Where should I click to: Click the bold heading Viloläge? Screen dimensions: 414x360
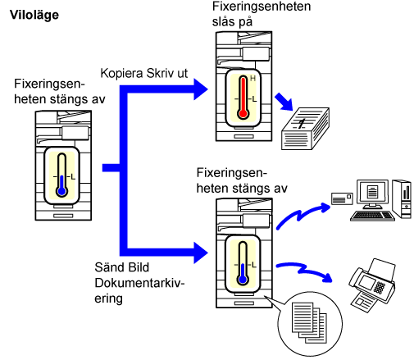pos(34,15)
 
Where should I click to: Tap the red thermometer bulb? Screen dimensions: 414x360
pos(243,113)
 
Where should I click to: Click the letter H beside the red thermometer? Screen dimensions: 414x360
pos(252,79)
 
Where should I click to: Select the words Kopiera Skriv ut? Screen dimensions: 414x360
pos(144,73)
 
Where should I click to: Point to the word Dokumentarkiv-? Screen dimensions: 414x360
pos(139,283)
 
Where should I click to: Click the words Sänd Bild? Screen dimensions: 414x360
pos(122,267)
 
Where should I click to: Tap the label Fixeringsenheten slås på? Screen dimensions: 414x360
pos(262,14)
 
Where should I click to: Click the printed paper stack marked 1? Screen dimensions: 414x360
pos(305,129)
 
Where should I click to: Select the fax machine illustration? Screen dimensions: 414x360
pos(372,285)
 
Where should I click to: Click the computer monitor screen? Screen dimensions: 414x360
pos(372,191)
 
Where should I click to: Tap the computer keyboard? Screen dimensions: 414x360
pos(372,216)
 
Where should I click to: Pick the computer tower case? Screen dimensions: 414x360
pos(402,199)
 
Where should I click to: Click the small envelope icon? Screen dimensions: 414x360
pos(342,198)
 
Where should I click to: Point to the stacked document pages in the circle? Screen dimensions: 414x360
pos(309,322)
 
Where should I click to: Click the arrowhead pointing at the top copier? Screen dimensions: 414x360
pos(201,89)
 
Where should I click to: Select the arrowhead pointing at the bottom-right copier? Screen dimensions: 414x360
pos(201,253)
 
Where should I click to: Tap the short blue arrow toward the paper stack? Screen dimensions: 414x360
pos(284,102)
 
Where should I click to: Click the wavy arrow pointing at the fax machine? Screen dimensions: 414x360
pos(304,271)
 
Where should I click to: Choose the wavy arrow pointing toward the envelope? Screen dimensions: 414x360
pos(303,215)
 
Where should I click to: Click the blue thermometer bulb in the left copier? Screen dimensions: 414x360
pos(62,191)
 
